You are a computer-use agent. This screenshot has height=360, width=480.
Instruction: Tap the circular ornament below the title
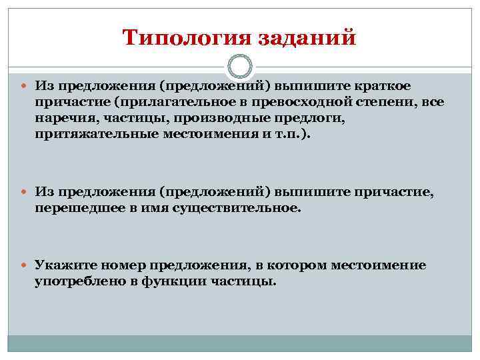239,67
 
